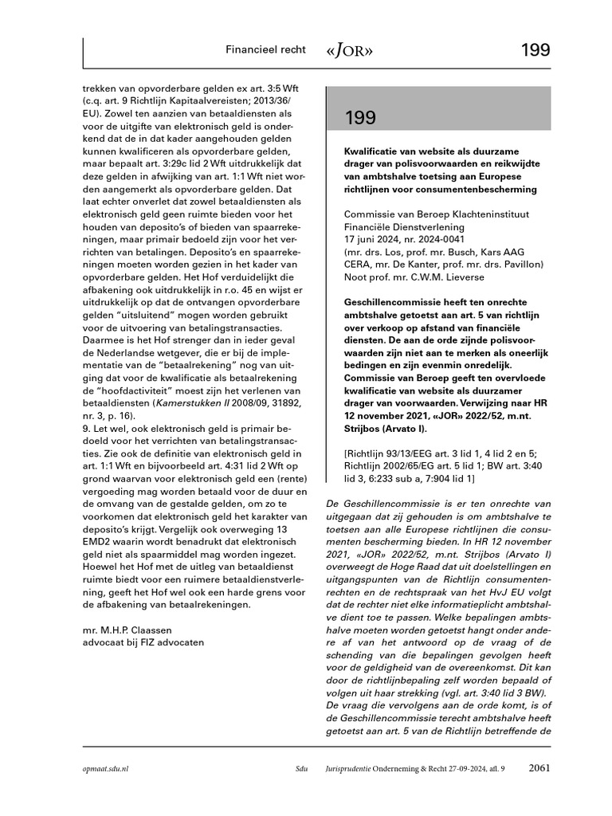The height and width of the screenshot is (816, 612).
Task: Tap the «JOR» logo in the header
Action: [349, 50]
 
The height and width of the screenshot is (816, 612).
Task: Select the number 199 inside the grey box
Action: [361, 118]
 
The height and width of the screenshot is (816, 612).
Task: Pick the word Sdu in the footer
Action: [301, 770]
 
